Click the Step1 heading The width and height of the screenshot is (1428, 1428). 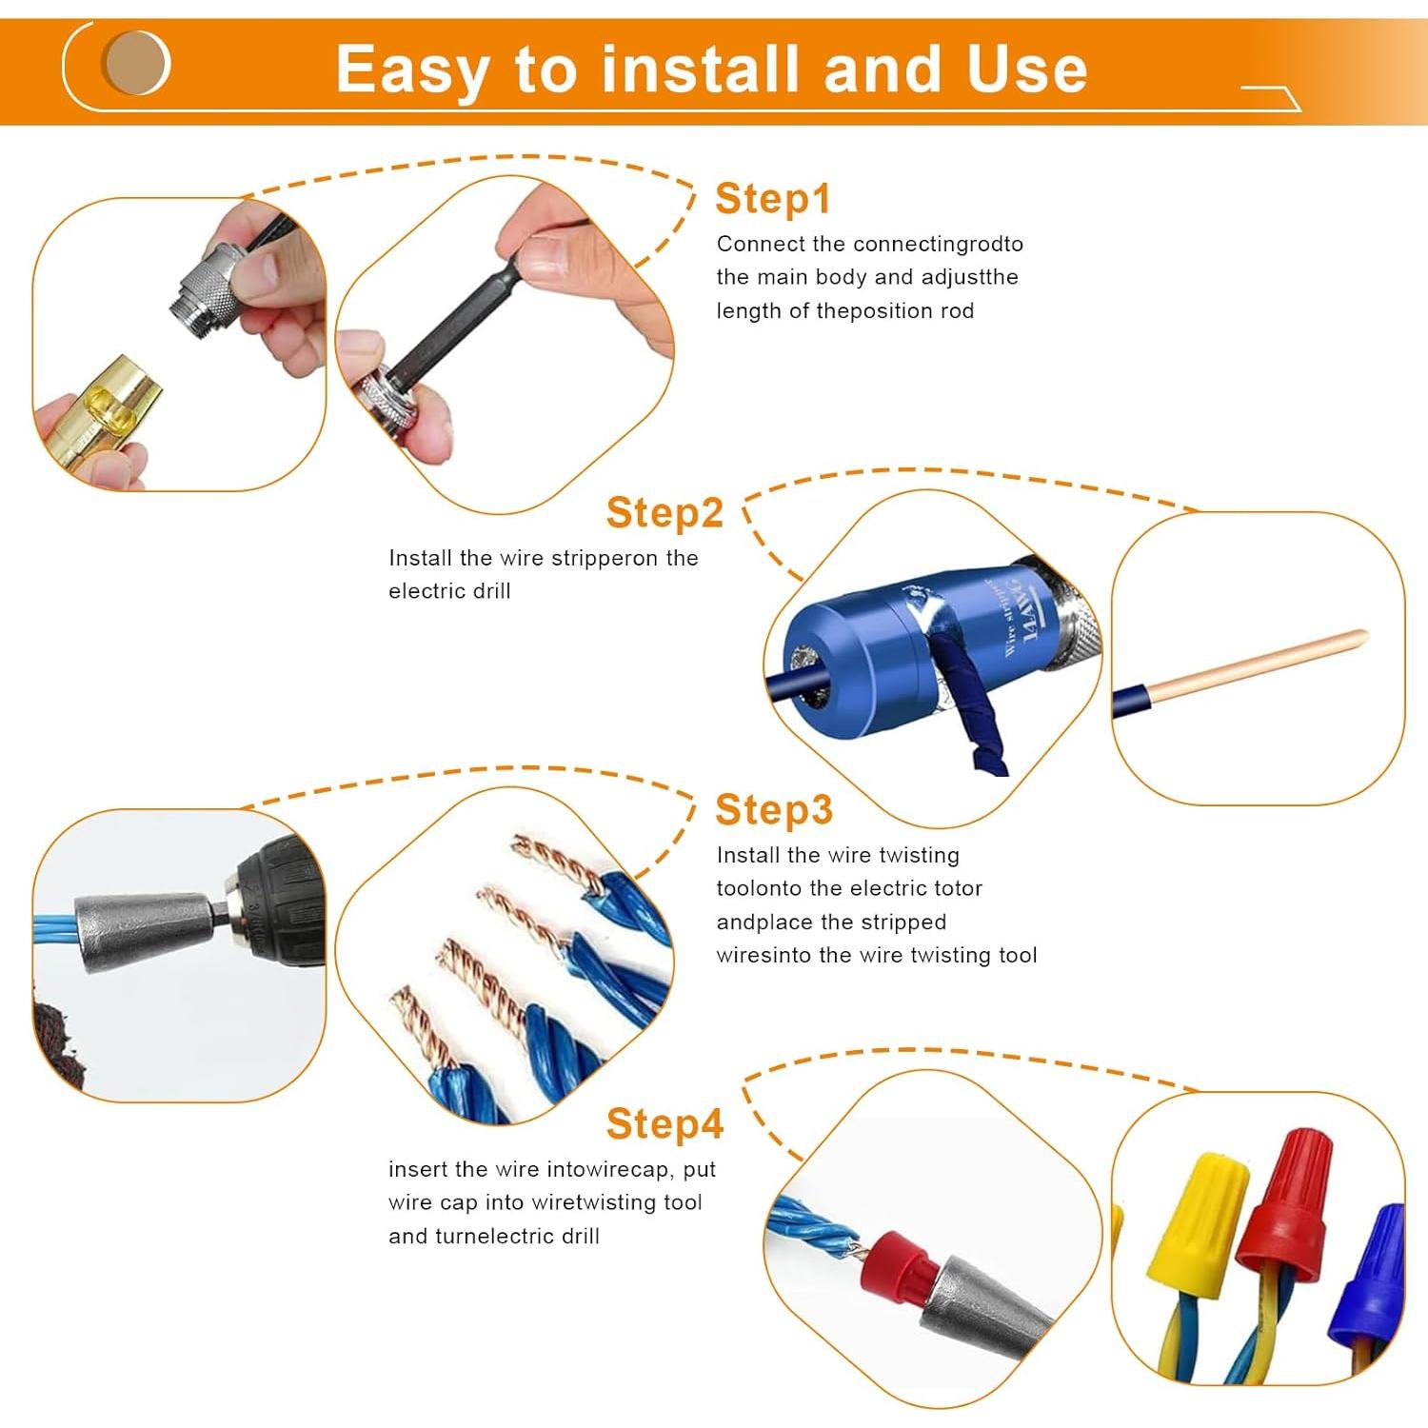pyautogui.click(x=773, y=199)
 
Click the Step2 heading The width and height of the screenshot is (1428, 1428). pyautogui.click(x=664, y=513)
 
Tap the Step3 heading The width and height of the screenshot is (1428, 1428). pyautogui.click(x=773, y=810)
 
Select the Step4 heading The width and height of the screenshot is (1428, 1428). pyautogui.click(x=664, y=1124)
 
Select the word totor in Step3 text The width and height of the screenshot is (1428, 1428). pyautogui.click(x=957, y=889)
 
